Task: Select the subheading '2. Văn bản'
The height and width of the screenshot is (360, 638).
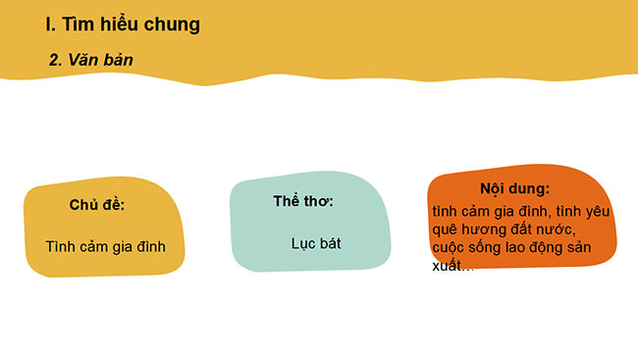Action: pos(91,60)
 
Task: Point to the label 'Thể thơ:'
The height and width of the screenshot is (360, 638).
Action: pos(303,201)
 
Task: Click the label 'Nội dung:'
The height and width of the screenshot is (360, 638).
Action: pos(514,188)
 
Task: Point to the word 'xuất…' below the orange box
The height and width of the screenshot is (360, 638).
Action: pos(452,266)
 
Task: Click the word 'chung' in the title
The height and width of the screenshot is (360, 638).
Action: pos(172,25)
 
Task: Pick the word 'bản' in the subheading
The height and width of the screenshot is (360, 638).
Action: pos(116,60)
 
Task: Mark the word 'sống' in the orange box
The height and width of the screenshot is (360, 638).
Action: pos(487,247)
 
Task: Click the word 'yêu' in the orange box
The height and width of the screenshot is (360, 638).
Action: pos(598,210)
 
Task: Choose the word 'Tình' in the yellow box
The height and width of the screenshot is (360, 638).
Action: pos(62,246)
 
